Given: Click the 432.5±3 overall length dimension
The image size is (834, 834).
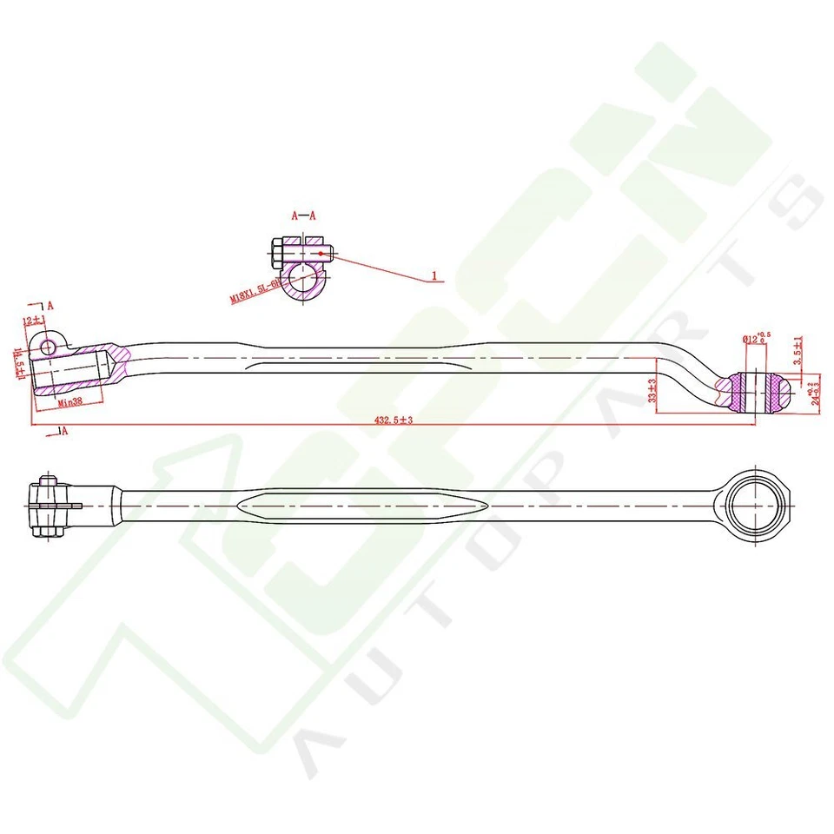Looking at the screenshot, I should (x=393, y=420).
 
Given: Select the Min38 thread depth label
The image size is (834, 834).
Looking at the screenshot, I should (x=69, y=402).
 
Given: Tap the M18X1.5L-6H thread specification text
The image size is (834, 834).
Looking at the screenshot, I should (x=254, y=288).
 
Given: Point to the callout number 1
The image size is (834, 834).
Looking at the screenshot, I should (x=434, y=277).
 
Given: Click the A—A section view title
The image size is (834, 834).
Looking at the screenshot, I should (x=303, y=215).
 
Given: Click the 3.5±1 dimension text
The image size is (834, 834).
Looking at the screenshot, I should (x=798, y=349).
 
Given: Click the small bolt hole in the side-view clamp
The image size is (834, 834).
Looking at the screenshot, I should (x=47, y=348).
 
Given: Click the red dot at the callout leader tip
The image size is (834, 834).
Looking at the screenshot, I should (x=321, y=253).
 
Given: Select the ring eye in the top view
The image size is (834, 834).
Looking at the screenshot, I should (x=754, y=504).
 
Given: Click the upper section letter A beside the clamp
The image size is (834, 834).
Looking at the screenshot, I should (x=50, y=305).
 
